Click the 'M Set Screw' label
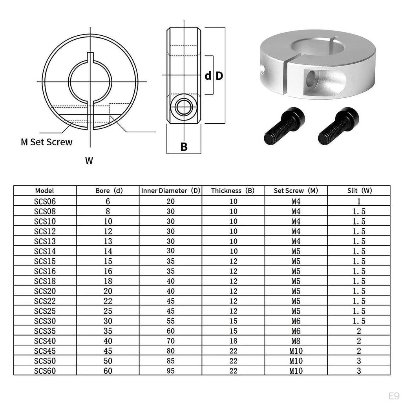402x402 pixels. (x=47, y=142)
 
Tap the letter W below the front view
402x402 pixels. (x=89, y=161)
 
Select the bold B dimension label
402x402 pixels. (x=184, y=147)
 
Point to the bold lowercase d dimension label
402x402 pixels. (x=208, y=76)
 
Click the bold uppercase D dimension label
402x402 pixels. (x=219, y=76)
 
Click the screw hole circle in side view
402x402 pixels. (x=183, y=107)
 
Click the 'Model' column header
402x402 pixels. (x=44, y=191)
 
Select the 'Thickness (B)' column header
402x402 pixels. (x=233, y=191)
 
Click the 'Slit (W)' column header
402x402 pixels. (x=359, y=191)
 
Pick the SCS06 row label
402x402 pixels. (x=45, y=201)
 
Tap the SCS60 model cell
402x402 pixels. (x=45, y=371)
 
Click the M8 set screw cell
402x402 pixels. (x=296, y=341)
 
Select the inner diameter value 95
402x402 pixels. (x=171, y=371)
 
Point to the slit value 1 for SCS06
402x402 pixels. (x=359, y=201)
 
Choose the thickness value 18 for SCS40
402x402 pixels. (x=233, y=341)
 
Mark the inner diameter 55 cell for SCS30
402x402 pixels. (x=171, y=321)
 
